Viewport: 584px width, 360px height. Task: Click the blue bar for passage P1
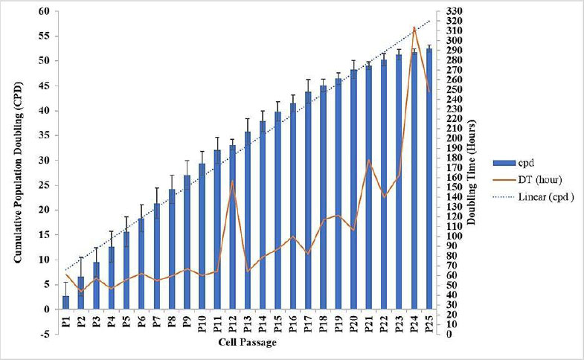pyautogui.click(x=65, y=302)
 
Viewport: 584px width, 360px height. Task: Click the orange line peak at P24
pyautogui.click(x=414, y=28)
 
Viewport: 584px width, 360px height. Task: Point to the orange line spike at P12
pyautogui.click(x=232, y=181)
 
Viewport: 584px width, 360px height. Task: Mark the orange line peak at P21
pyautogui.click(x=369, y=160)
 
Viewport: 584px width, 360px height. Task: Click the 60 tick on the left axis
pyautogui.click(x=45, y=11)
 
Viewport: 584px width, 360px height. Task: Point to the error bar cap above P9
pyautogui.click(x=187, y=161)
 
